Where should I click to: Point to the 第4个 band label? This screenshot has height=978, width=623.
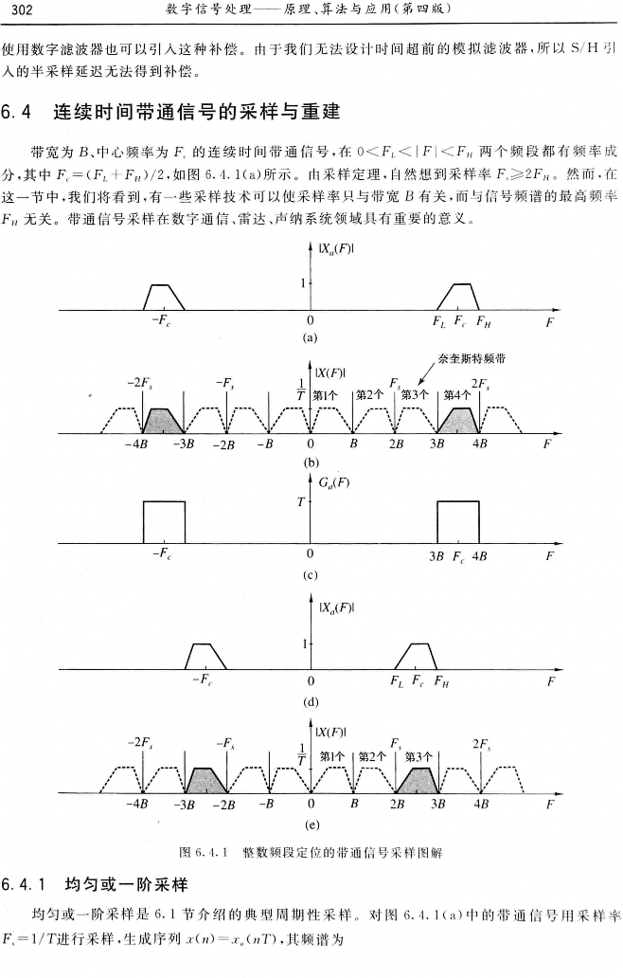click(457, 395)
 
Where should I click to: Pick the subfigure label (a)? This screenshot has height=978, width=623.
click(309, 337)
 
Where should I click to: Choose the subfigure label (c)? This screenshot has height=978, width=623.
click(309, 574)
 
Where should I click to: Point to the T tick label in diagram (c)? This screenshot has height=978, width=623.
click(299, 501)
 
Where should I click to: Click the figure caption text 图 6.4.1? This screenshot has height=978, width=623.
click(214, 852)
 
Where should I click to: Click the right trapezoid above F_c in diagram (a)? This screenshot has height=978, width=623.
click(460, 297)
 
